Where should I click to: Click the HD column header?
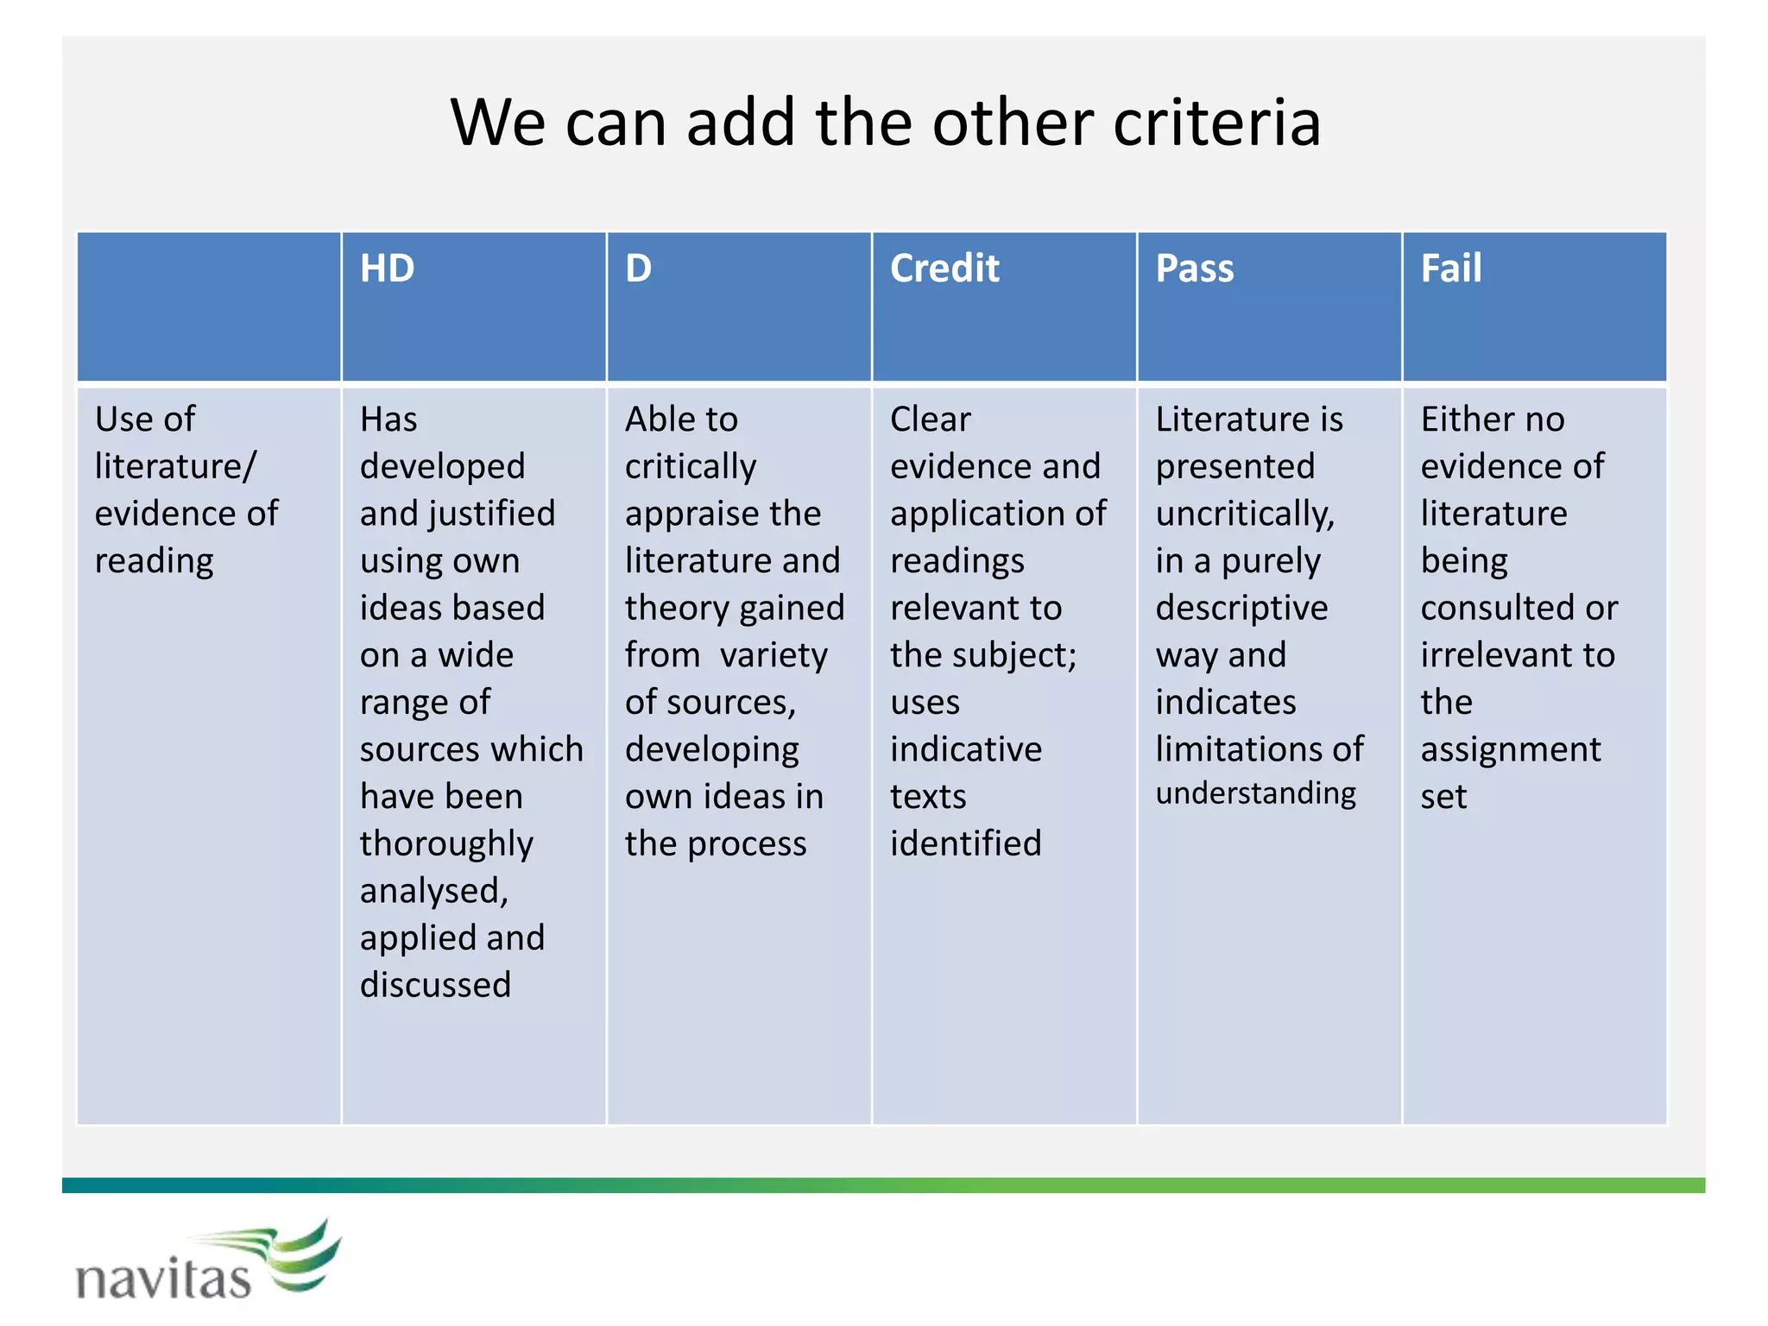[x=387, y=268]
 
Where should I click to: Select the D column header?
[x=638, y=268]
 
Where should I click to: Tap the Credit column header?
[x=944, y=268]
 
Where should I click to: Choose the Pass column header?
[x=1194, y=268]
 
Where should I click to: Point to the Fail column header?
[x=1450, y=268]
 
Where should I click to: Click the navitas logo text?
[x=164, y=1279]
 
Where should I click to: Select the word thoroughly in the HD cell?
[x=446, y=844]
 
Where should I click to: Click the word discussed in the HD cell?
[x=435, y=985]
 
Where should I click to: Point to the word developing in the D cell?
[x=711, y=750]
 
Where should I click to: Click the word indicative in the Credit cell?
[x=965, y=749]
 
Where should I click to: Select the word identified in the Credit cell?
[x=965, y=843]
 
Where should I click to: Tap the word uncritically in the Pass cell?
[x=1244, y=515]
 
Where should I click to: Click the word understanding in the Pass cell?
[x=1255, y=793]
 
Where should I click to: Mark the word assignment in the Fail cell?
[x=1510, y=750]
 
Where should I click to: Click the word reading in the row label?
[x=154, y=562]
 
